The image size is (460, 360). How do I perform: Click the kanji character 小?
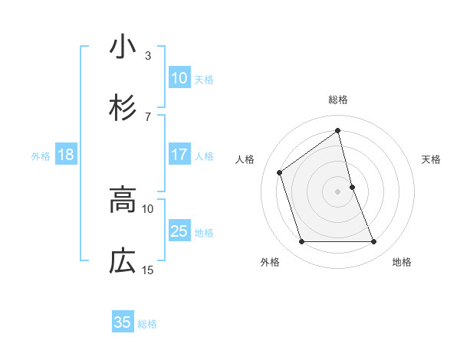(x=123, y=47)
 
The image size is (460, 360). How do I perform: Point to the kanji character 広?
(x=123, y=262)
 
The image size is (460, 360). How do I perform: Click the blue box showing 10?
(x=179, y=77)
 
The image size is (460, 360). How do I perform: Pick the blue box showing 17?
(x=179, y=155)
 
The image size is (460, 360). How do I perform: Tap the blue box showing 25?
(x=179, y=231)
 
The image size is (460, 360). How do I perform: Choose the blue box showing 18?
(x=66, y=155)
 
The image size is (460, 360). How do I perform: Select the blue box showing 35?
(x=123, y=322)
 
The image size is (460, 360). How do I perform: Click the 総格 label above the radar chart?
(x=338, y=100)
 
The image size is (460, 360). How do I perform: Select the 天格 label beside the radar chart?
(x=432, y=159)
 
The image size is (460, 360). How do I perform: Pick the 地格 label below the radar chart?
(x=402, y=262)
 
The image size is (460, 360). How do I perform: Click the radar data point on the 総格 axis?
(x=338, y=130)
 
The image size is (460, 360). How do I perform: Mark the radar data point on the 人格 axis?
(x=279, y=172)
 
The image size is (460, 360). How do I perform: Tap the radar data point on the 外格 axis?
(x=301, y=242)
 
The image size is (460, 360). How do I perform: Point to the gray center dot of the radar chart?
(x=338, y=191)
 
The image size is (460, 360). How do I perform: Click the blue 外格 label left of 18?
(x=41, y=155)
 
